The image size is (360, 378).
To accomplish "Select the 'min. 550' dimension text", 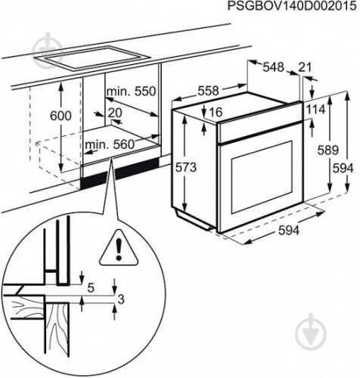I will pyautogui.click(x=131, y=91).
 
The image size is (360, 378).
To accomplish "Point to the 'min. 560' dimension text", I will pyautogui.click(x=109, y=144).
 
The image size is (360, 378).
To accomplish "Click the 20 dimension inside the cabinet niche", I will pyautogui.click(x=115, y=113).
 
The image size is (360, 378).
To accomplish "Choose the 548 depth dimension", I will pyautogui.click(x=273, y=68).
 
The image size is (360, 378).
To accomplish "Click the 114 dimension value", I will pyautogui.click(x=315, y=110).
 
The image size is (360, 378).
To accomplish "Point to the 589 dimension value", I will pyautogui.click(x=327, y=150).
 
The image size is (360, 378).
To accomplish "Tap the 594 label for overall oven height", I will pyautogui.click(x=345, y=166).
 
